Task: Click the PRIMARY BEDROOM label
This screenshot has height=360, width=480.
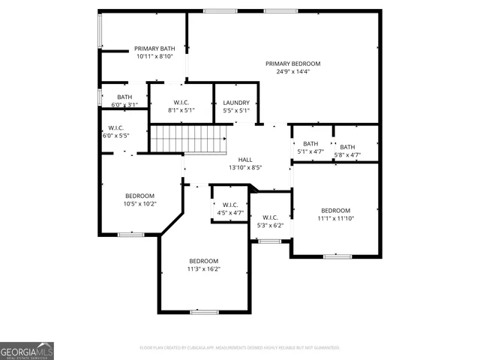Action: click(292, 64)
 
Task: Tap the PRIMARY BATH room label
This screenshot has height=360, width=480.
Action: click(154, 48)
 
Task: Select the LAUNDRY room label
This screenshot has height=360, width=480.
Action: click(236, 103)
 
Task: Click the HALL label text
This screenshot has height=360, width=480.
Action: click(245, 160)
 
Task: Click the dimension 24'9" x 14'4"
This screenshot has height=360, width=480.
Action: click(292, 72)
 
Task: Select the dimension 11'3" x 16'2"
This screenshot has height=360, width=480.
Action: click(203, 268)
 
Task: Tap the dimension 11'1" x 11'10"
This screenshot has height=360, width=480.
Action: click(335, 218)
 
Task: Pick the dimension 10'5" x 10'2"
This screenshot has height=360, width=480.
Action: click(139, 203)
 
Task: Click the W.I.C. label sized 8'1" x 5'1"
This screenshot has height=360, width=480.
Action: click(181, 103)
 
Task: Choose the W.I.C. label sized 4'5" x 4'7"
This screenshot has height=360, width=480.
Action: click(230, 205)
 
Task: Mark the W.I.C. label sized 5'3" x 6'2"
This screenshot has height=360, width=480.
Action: click(271, 217)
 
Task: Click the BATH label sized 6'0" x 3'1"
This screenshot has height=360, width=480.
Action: click(124, 97)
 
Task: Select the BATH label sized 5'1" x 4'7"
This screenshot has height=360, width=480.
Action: click(310, 143)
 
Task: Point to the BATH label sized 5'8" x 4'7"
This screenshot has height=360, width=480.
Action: click(347, 147)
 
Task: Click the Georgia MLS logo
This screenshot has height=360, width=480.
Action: click(27, 350)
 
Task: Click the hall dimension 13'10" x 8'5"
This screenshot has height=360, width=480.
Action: click(245, 168)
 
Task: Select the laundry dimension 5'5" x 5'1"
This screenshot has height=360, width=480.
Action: click(236, 110)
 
